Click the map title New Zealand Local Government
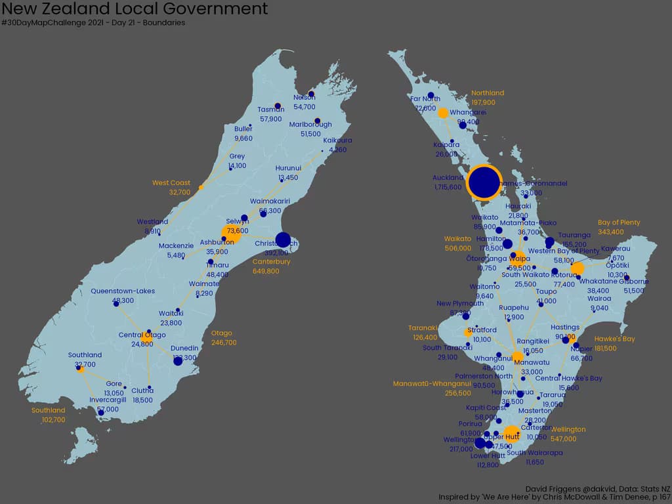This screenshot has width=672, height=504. (x=135, y=9)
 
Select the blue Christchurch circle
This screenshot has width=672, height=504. (x=283, y=240)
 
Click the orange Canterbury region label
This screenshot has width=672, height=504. (x=271, y=262)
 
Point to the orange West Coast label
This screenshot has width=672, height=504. (x=171, y=183)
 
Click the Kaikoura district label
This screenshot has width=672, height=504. (x=337, y=140)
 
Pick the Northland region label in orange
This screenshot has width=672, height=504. (x=488, y=93)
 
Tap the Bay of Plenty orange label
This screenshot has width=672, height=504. (x=619, y=222)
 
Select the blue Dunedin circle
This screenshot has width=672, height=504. (x=178, y=361)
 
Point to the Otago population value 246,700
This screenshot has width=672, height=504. (x=224, y=343)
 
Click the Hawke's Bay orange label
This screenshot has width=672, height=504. (x=615, y=339)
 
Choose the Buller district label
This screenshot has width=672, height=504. (x=243, y=129)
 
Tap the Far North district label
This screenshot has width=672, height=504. (x=425, y=99)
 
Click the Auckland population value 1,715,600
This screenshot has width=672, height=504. (x=448, y=187)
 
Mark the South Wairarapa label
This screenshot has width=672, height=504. (x=535, y=453)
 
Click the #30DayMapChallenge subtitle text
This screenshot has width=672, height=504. (x=93, y=23)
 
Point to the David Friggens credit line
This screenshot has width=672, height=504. (x=597, y=489)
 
